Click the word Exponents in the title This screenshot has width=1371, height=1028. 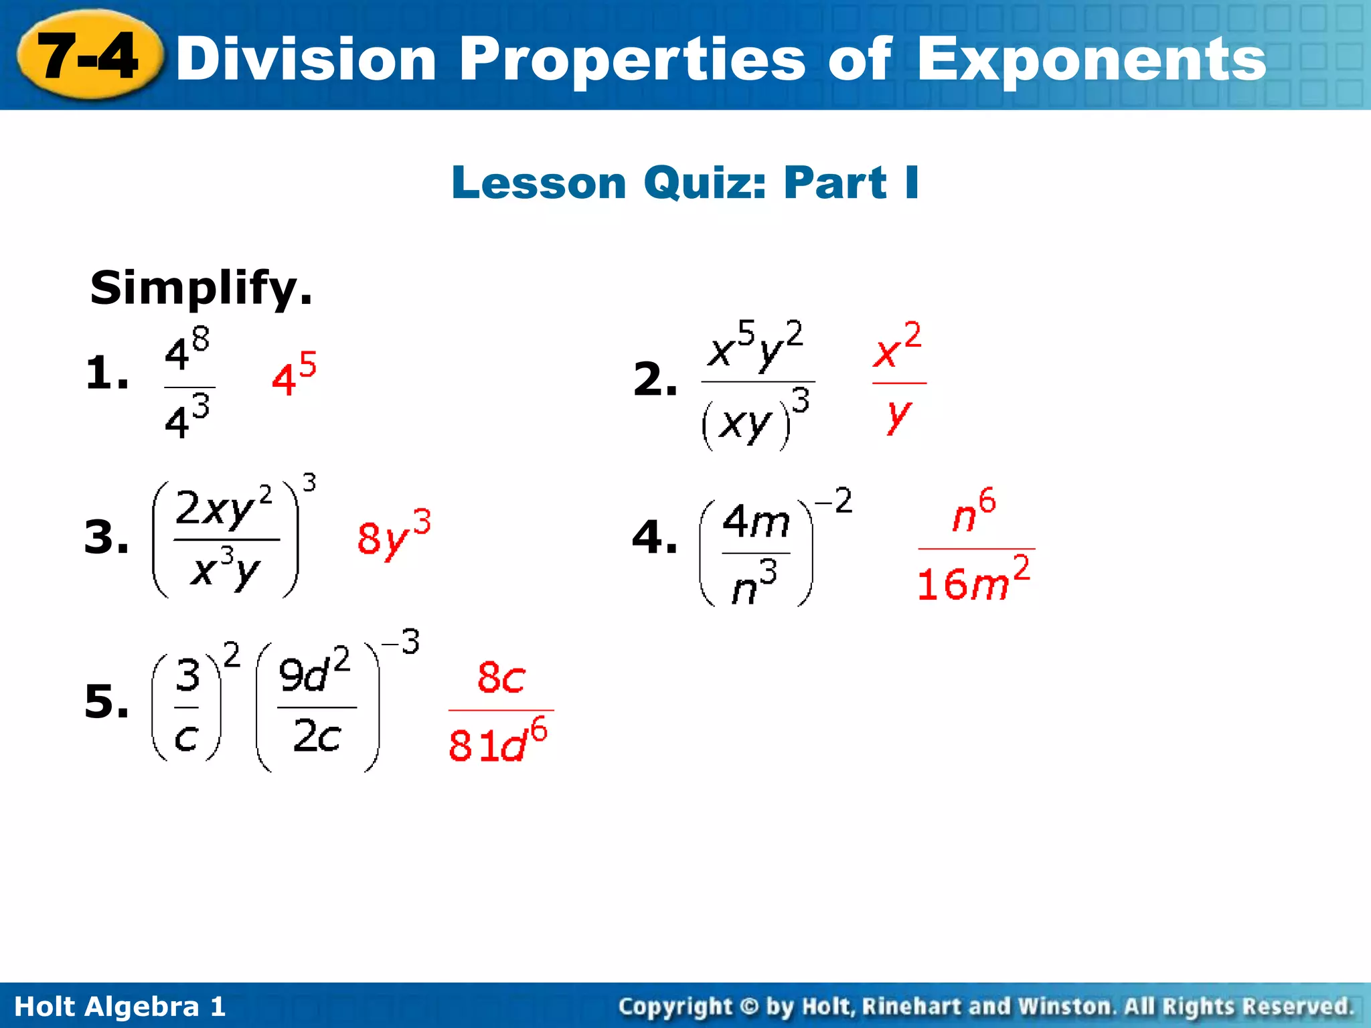coord(1091,60)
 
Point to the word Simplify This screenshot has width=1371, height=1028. coord(201,288)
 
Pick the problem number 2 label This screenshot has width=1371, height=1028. coord(655,379)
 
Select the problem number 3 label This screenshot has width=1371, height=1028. coord(106,537)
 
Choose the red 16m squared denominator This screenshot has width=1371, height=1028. coord(973,581)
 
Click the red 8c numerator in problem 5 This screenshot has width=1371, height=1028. coord(501,678)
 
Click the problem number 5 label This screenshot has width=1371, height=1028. coord(106,703)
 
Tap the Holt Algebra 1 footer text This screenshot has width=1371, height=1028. coord(120,1007)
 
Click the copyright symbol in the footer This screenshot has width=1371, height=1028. coord(749,1007)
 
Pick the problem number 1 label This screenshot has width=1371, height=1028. coord(106,373)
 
